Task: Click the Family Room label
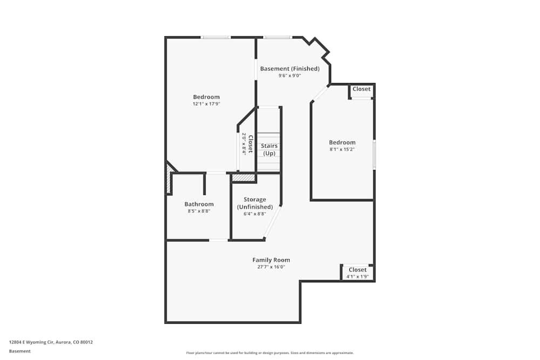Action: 271,260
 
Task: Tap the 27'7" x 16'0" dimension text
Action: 271,267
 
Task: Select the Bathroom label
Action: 199,204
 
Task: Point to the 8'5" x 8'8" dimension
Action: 199,211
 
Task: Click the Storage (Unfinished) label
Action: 255,203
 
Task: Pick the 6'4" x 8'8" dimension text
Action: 255,214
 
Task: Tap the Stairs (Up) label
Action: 269,150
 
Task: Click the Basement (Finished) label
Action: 289,69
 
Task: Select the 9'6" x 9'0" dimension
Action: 289,76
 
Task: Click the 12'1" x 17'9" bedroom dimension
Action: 206,104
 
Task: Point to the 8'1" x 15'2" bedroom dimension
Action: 342,150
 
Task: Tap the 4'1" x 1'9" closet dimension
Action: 357,276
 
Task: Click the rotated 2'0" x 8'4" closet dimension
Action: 244,144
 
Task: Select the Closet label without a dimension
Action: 361,89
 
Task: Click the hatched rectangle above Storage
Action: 244,178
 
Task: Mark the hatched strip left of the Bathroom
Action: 168,179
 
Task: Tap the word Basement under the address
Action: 19,351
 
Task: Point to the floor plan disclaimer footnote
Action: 269,353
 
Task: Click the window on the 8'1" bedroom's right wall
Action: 374,154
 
